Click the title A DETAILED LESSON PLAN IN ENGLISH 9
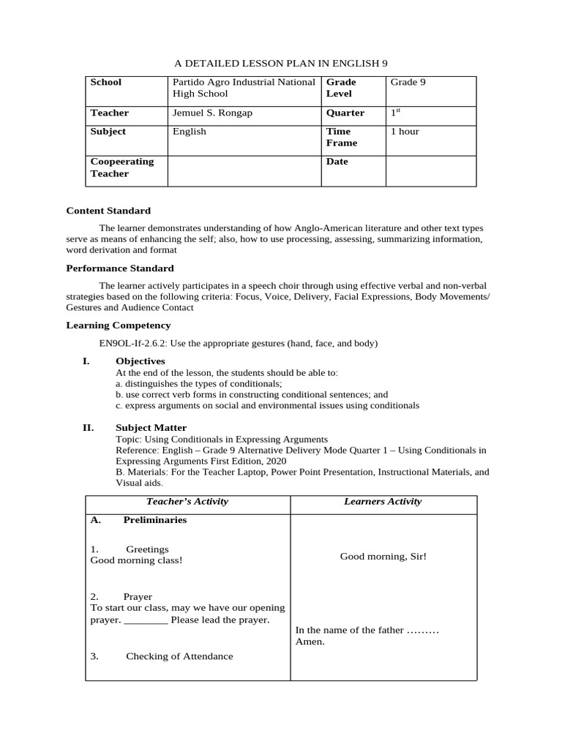pyautogui.click(x=280, y=64)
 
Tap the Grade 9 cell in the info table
pyautogui.click(x=408, y=83)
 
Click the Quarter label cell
pyautogui.click(x=345, y=113)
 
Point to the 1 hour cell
pyautogui.click(x=405, y=132)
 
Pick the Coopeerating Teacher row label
pyautogui.click(x=122, y=168)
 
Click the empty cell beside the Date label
pyautogui.click(x=430, y=170)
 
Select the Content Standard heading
pyautogui.click(x=108, y=211)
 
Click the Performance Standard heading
pyautogui.click(x=120, y=268)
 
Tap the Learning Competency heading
pyautogui.click(x=119, y=325)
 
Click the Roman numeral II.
pyautogui.click(x=88, y=428)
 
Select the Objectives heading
pyautogui.click(x=140, y=361)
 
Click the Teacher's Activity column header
pyautogui.click(x=187, y=502)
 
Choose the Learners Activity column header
pyautogui.click(x=383, y=502)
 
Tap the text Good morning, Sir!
pyautogui.click(x=383, y=557)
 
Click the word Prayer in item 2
pyautogui.click(x=138, y=597)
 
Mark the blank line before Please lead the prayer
pyautogui.click(x=146, y=620)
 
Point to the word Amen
pyautogui.click(x=310, y=642)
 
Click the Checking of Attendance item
pyautogui.click(x=179, y=657)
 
